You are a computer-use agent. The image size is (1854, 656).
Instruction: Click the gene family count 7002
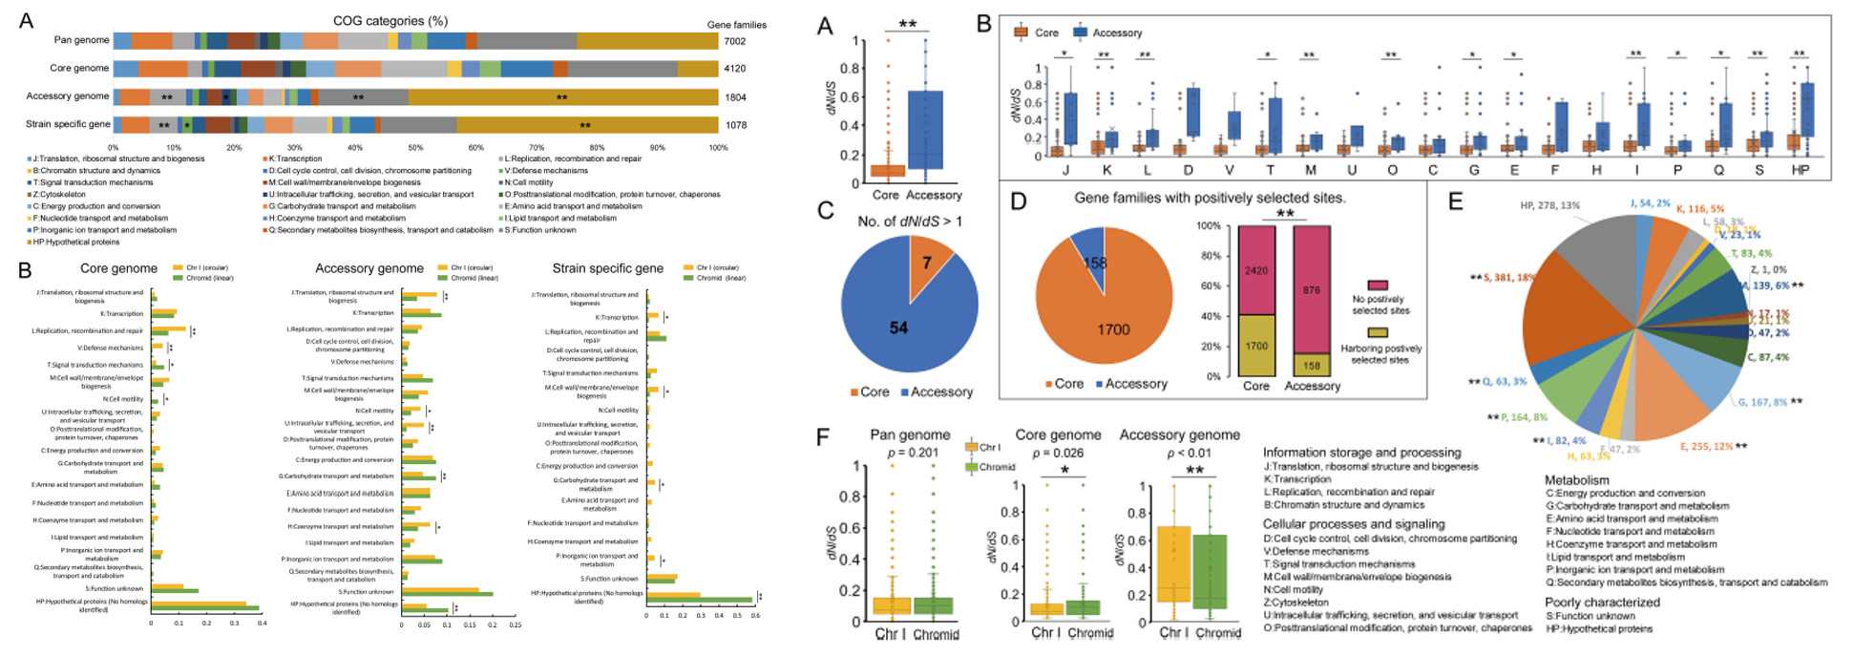click(734, 41)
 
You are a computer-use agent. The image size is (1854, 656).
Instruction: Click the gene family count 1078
click(734, 125)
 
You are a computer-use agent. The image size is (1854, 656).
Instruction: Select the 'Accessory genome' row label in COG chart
click(68, 96)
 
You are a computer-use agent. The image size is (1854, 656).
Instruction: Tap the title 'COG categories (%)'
click(390, 21)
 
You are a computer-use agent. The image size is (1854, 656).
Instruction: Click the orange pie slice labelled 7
click(926, 263)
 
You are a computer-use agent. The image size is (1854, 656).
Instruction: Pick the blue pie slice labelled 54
click(898, 328)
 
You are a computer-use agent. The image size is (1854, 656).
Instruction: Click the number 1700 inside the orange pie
click(1113, 329)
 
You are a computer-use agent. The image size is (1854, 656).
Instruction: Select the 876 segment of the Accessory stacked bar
click(1312, 290)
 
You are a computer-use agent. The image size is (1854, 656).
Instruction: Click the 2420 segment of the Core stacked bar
click(1256, 270)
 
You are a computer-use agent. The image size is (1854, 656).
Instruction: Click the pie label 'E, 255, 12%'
click(1706, 446)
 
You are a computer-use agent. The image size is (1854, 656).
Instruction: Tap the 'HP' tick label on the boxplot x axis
click(1800, 170)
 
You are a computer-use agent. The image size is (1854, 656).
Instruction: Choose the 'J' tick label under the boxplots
click(1064, 170)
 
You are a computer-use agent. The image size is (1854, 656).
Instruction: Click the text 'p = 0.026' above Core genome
click(1058, 453)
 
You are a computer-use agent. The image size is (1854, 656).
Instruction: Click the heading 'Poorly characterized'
click(1602, 603)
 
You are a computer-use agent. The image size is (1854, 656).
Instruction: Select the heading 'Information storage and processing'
click(1361, 453)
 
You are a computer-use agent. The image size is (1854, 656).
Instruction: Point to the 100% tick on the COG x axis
click(718, 148)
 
